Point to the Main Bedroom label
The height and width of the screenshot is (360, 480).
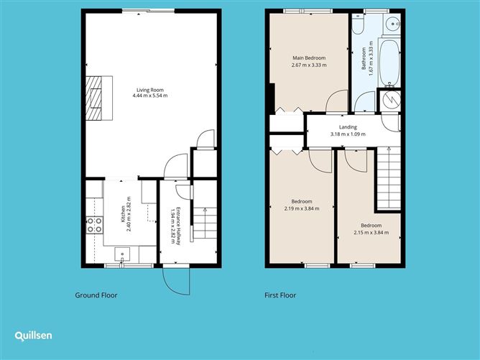click(309, 57)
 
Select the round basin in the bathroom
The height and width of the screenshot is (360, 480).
click(391, 24)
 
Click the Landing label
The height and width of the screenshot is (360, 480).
click(348, 127)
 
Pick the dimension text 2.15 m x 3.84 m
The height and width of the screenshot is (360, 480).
click(371, 232)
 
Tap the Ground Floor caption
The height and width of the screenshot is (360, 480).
click(96, 295)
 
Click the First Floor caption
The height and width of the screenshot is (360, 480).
click(279, 295)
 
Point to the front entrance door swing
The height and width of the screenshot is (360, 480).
click(177, 281)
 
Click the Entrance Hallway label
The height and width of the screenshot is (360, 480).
click(178, 222)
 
